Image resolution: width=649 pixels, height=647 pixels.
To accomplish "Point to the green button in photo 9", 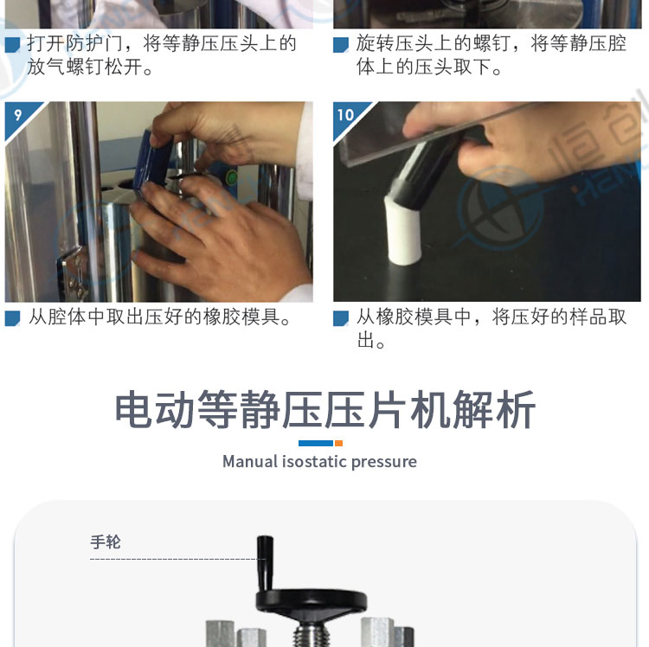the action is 232,179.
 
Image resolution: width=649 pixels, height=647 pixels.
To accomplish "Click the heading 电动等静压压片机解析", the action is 324,409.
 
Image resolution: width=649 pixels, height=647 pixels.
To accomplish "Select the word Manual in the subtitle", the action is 250,462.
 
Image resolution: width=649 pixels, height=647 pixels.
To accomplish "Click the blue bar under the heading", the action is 316,444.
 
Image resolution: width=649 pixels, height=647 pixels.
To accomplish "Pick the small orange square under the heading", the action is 338,444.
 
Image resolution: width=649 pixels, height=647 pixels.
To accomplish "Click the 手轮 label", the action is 105,542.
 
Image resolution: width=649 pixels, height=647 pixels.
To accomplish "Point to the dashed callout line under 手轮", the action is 178,560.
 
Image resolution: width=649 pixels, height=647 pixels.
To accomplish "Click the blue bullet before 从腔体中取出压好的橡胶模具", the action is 12,318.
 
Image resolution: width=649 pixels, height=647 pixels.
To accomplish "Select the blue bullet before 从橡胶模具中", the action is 341,318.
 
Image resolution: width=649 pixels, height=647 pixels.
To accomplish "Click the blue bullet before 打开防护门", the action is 12,45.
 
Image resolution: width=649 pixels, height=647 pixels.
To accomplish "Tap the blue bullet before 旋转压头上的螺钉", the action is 341,45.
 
